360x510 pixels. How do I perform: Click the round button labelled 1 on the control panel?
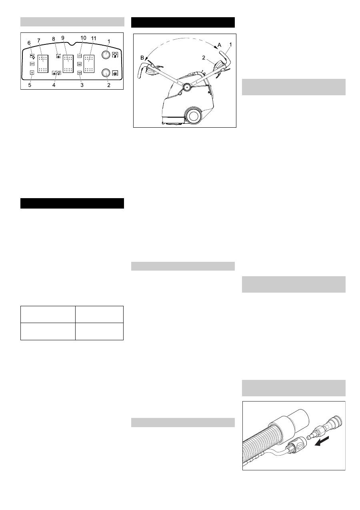(106, 54)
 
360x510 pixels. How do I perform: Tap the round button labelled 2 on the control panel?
(106, 72)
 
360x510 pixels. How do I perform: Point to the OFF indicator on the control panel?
(32, 64)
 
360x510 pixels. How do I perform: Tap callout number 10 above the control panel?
(83, 38)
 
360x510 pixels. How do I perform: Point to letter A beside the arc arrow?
(219, 45)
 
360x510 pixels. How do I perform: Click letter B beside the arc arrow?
(142, 58)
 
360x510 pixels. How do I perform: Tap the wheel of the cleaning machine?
(194, 116)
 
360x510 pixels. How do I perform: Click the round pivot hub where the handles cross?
(187, 86)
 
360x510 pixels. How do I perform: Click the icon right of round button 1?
(115, 54)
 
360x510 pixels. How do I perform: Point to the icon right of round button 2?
(115, 73)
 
